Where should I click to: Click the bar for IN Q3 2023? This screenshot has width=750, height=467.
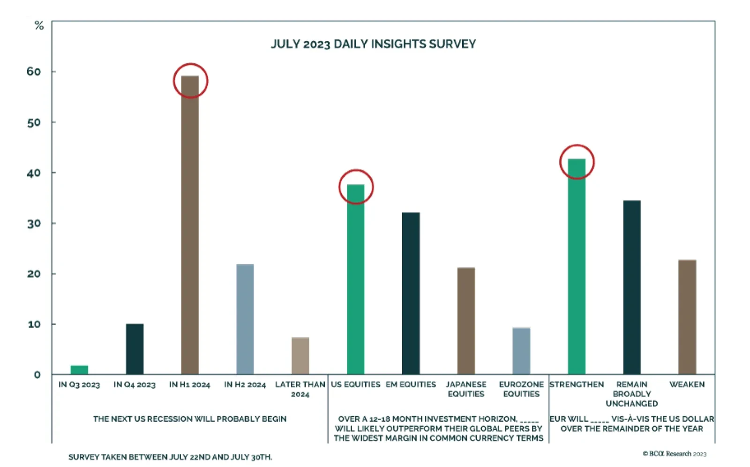79,369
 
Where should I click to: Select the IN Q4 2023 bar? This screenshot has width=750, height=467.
135,349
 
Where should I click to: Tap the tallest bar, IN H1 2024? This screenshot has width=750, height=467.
190,225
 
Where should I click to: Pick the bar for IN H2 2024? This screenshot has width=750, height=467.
245,319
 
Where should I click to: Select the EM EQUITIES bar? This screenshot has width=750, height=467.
411,293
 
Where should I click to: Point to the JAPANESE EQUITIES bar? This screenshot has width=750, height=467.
466,321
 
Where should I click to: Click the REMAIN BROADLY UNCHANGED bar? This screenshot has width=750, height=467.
632,287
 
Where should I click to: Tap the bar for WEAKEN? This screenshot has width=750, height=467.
687,316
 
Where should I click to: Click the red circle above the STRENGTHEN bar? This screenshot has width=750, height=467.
577,162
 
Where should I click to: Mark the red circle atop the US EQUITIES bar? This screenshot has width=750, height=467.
356,187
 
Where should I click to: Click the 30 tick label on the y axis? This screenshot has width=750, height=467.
34,224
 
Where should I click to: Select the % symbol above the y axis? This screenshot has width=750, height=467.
39,26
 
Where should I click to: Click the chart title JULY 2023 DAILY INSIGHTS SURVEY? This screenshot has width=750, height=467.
373,44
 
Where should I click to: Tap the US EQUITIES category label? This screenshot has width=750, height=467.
355,384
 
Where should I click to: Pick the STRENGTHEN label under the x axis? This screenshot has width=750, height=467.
577,384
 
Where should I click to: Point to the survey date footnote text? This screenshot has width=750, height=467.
170,457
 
